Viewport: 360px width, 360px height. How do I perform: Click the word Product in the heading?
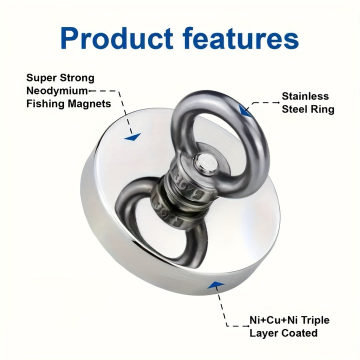click(117, 38)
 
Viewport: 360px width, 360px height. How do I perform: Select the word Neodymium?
click(57, 91)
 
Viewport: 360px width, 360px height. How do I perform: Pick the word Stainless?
click(305, 96)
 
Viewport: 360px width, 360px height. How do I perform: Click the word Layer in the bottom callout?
click(264, 333)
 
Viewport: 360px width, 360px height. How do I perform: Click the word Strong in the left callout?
click(77, 78)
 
